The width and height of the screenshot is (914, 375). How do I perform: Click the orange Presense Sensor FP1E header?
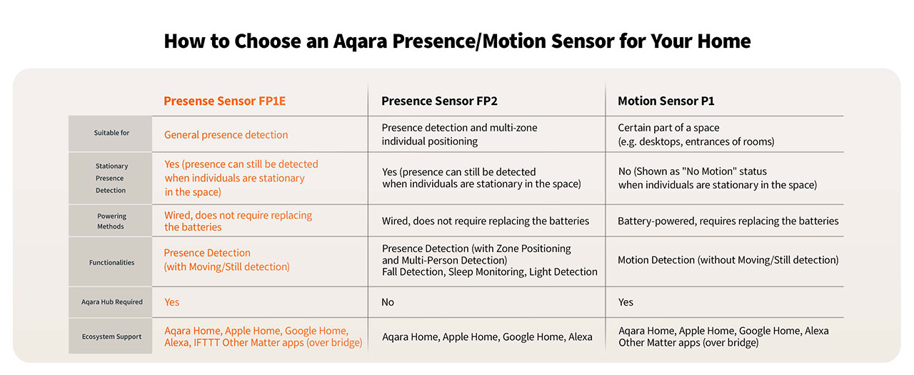[224, 101]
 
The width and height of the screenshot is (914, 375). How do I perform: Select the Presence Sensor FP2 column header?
[439, 101]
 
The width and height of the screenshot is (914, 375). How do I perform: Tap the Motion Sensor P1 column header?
[666, 101]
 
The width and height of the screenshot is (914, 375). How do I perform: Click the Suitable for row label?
[111, 133]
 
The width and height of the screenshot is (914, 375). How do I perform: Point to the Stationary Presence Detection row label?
[111, 178]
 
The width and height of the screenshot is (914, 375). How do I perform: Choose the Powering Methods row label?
[111, 221]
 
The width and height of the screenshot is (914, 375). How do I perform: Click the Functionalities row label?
[111, 262]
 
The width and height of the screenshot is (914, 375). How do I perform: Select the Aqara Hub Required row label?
[112, 302]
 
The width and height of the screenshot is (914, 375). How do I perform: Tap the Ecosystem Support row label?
[111, 336]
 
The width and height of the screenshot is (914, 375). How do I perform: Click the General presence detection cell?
[226, 135]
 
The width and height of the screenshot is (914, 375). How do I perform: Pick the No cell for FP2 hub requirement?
[388, 302]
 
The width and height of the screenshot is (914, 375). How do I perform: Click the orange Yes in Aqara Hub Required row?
[172, 302]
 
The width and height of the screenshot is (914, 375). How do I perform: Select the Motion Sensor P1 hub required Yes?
[626, 302]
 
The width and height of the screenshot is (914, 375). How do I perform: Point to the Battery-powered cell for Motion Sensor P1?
[728, 221]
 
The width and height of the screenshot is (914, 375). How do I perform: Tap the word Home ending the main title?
[724, 41]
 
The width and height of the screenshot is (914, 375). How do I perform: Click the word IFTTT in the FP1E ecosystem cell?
[206, 342]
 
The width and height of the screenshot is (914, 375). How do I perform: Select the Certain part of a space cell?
[695, 134]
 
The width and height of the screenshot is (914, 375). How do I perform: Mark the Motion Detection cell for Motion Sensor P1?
[728, 260]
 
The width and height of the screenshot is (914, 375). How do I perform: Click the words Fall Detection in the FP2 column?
[413, 271]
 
